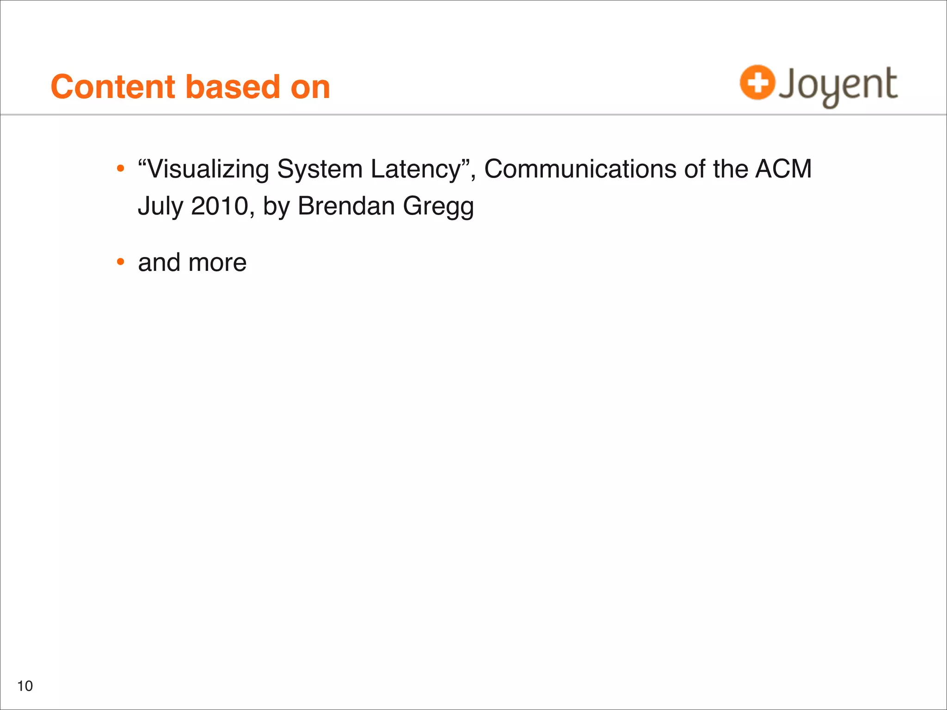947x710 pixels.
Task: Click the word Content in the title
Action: point(113,87)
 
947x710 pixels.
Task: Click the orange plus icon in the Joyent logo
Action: point(757,83)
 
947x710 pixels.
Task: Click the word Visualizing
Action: point(208,169)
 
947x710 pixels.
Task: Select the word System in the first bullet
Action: point(320,169)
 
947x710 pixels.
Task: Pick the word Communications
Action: point(580,169)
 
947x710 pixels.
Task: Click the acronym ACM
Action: point(783,169)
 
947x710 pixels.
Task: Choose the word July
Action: point(160,206)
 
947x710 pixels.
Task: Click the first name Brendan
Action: point(346,206)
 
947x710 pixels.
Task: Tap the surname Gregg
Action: point(438,207)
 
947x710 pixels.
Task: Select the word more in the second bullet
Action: point(217,263)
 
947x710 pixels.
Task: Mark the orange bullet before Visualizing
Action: point(121,169)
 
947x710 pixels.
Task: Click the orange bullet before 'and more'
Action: point(121,262)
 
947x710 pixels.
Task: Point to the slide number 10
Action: point(25,686)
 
